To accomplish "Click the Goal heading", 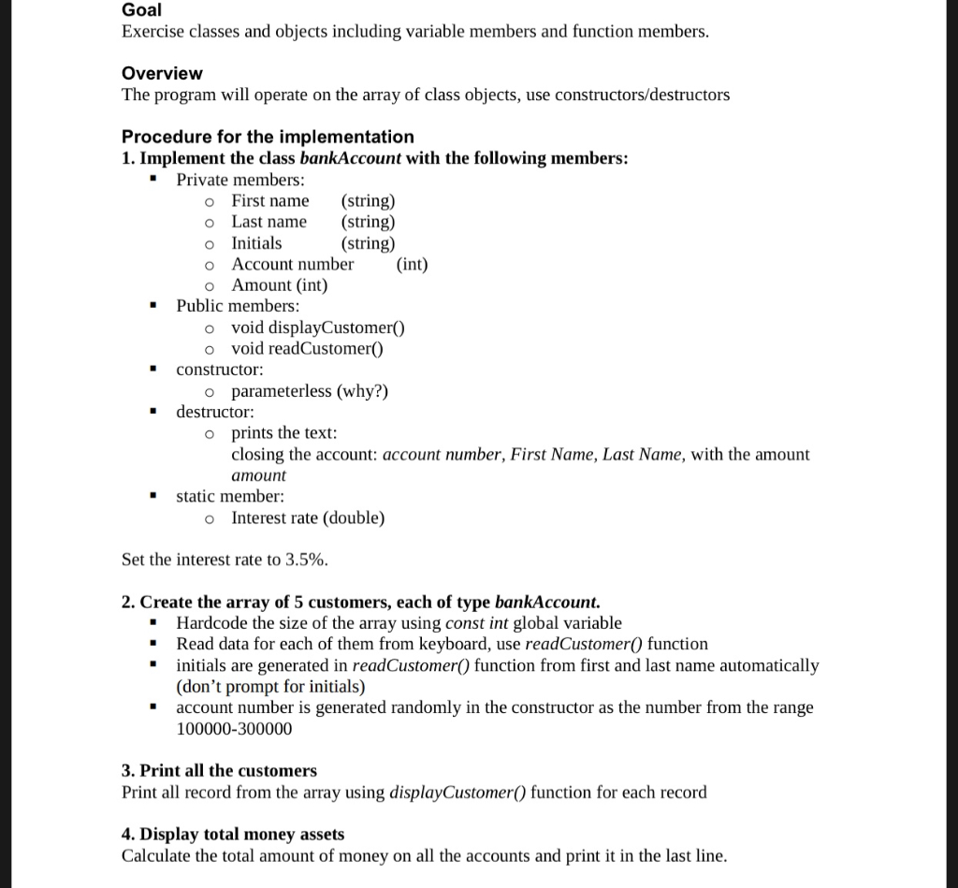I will click(141, 10).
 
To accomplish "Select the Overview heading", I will click(162, 73).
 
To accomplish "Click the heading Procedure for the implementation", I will click(268, 137).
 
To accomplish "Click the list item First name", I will click(269, 201).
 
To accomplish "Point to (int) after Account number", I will click(412, 264).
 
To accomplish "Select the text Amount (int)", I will click(279, 285).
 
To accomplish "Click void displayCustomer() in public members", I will click(317, 328).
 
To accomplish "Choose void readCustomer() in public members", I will click(307, 349).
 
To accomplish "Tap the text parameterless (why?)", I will click(309, 391).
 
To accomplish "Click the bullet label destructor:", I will click(214, 412).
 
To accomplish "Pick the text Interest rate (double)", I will click(308, 518).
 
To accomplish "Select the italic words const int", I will click(477, 623).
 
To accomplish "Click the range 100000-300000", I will click(234, 729).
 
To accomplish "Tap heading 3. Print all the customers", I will click(219, 771).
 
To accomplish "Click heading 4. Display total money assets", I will click(233, 835).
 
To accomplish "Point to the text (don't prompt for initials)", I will click(270, 687).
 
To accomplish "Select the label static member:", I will click(230, 497).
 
